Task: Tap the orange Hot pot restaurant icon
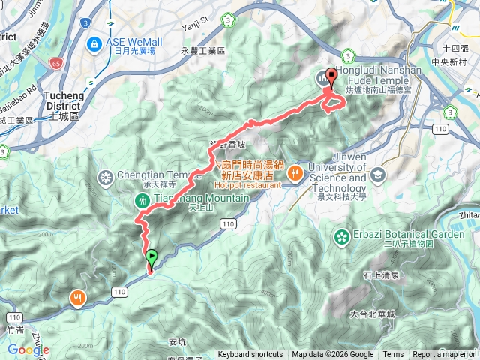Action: coord(296,175)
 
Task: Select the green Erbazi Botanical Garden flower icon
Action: coord(342,237)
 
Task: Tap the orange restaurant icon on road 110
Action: coord(79,298)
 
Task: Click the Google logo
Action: coord(28,349)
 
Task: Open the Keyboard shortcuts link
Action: coord(250,355)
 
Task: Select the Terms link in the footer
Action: coord(393,355)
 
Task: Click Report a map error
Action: coord(444,355)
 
